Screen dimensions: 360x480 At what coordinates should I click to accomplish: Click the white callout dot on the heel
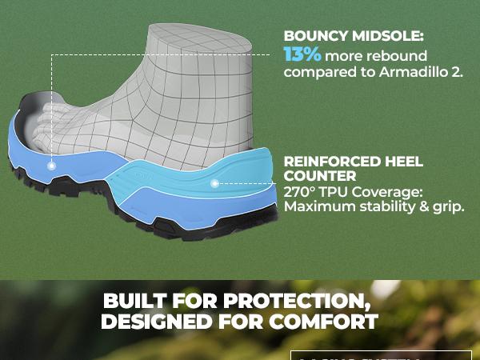tap(214, 183)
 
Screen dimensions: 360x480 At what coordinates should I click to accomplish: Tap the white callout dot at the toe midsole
tap(51, 166)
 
